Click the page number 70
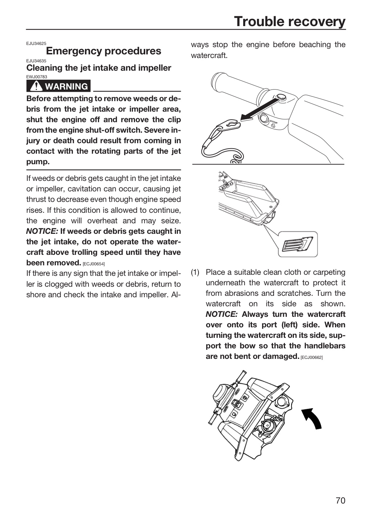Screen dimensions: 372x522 pos(340,501)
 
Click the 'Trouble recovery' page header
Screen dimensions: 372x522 pos(290,21)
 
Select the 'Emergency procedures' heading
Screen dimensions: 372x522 pos(104,51)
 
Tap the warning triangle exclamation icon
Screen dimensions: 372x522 pos(36,86)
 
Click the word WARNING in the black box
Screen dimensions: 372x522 pos(66,86)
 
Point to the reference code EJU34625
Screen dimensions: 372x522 pos(36,43)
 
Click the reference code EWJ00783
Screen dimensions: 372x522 pos(37,77)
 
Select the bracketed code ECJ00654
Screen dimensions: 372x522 pos(94,264)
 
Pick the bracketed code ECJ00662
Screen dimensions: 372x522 pos(312,357)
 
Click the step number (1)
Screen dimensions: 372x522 pos(195,272)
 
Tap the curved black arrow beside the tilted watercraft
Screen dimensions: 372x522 pos(312,418)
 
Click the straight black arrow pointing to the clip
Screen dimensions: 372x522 pos(260,109)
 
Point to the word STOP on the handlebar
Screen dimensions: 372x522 pos(274,121)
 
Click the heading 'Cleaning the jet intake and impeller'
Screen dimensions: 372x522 pos(99,68)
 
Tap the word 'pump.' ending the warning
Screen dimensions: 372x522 pos(38,162)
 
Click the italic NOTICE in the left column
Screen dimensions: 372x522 pos(42,231)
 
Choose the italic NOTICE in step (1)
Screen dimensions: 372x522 pos(221,314)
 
